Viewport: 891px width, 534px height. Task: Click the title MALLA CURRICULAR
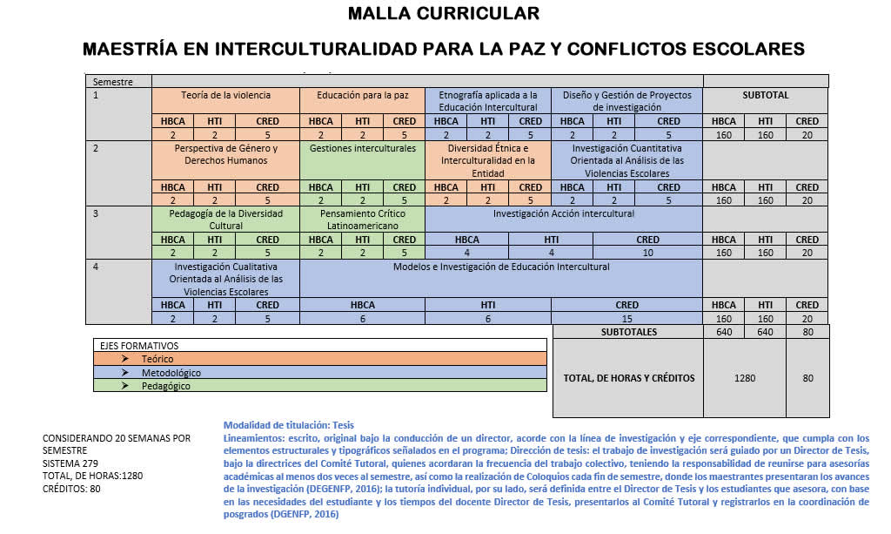tap(443, 14)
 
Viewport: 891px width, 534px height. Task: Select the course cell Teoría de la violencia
tap(225, 95)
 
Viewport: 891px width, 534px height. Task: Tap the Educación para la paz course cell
tap(362, 95)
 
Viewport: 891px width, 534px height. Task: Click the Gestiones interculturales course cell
tap(362, 148)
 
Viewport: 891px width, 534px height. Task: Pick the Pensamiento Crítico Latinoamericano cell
tap(362, 220)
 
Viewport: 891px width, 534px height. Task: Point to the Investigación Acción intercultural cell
tap(563, 213)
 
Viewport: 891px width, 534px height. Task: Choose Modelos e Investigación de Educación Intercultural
tap(500, 267)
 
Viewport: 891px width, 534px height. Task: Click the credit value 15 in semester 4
tap(626, 319)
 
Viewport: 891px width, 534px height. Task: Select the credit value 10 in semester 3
tap(647, 253)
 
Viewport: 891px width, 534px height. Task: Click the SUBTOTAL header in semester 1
tap(765, 95)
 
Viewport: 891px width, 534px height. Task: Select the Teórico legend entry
tap(157, 359)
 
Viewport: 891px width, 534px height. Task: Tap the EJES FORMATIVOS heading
tap(133, 346)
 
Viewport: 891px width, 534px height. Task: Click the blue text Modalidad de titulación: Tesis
tap(288, 425)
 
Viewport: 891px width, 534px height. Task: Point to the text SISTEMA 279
tap(70, 464)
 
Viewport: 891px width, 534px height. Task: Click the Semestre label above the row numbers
tap(113, 82)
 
